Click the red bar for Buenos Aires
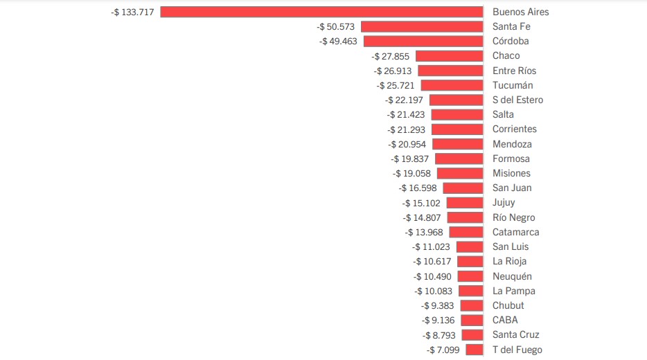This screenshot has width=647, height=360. [321, 12]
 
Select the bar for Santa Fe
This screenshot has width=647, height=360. [422, 26]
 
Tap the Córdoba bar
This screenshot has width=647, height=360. [423, 41]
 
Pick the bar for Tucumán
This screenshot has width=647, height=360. [452, 85]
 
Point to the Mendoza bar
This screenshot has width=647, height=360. [457, 144]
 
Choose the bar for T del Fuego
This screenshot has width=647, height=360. [475, 350]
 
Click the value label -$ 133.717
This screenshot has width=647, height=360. [132, 12]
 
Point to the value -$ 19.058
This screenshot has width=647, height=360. [413, 173]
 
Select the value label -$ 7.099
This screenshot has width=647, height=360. [444, 350]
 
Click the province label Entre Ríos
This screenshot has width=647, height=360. [514, 71]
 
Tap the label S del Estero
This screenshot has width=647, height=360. [517, 100]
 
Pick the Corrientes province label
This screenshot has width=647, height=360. [515, 129]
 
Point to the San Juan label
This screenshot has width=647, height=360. [512, 188]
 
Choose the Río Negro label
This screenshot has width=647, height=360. [513, 217]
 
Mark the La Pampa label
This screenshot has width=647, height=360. [513, 291]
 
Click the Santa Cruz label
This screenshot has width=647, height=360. [515, 334]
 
